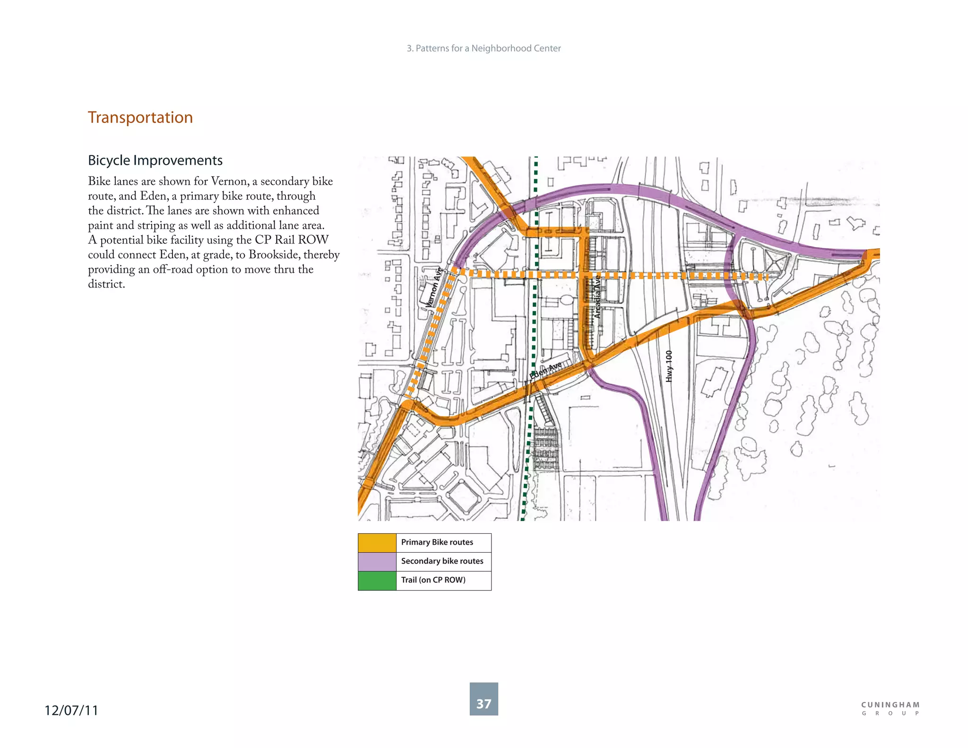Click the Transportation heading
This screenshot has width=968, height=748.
140,117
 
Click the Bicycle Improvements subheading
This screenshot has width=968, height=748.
155,160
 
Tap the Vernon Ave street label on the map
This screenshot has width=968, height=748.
433,287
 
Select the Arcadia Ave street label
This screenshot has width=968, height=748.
597,297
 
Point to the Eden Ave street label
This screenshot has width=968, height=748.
546,370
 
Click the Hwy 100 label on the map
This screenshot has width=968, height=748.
668,366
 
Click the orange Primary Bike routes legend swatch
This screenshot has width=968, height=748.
377,543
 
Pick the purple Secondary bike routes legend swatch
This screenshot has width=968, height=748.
377,562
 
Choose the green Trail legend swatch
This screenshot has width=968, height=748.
377,581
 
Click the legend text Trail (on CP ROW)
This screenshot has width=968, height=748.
433,580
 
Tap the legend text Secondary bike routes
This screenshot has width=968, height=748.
442,561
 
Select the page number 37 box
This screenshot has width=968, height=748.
484,699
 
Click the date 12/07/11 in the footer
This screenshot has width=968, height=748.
71,710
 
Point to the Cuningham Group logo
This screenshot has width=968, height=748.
890,708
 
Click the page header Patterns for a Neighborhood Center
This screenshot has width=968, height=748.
484,48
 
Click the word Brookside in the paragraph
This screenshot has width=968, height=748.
274,255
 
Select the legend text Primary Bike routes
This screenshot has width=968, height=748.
437,542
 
